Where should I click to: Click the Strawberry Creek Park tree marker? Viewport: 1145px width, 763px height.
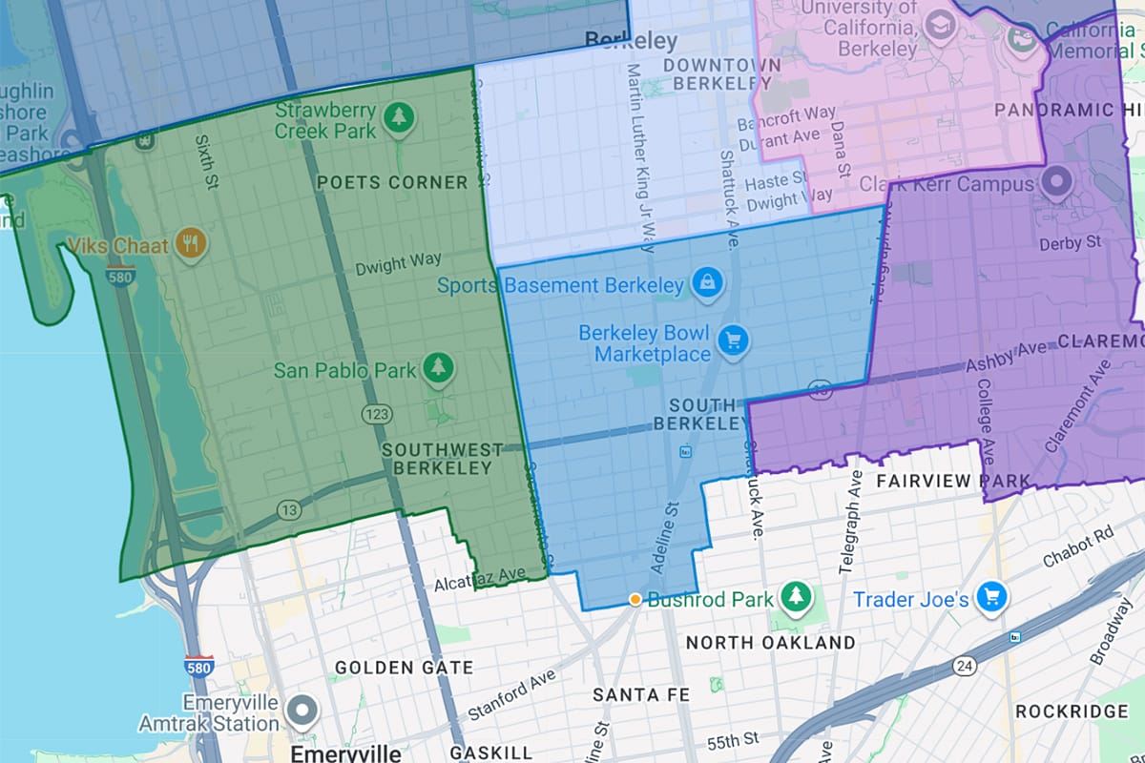click(397, 118)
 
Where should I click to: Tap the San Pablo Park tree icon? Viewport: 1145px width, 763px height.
click(438, 367)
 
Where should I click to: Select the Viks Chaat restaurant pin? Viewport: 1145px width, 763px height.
click(192, 244)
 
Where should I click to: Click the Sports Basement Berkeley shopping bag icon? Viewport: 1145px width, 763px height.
click(707, 283)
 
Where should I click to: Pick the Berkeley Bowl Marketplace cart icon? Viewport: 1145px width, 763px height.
click(733, 340)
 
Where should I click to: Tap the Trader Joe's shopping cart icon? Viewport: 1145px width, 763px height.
click(992, 597)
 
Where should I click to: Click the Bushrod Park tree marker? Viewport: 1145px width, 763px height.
click(793, 598)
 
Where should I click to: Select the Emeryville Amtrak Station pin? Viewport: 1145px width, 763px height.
click(303, 710)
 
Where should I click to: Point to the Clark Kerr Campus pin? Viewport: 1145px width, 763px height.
click(1055, 180)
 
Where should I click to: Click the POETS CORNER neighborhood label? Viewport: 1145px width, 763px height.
click(392, 182)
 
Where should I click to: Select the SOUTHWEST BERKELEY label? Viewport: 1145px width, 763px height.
click(443, 459)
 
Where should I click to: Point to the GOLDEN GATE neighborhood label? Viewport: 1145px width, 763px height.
click(404, 668)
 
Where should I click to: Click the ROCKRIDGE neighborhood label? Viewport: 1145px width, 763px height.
click(1072, 711)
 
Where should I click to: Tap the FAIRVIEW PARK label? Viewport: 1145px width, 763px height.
click(953, 481)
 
